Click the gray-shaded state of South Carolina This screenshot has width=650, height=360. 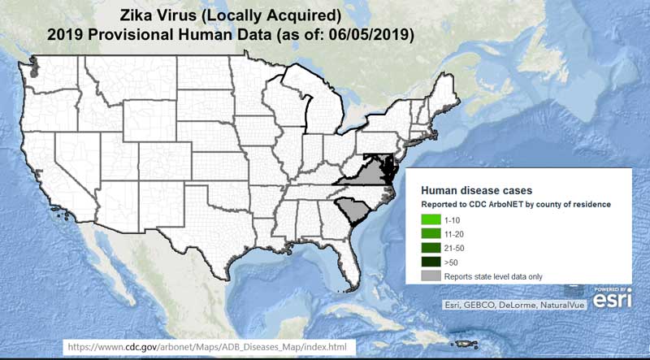tap(355, 212)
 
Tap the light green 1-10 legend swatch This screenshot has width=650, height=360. tap(431, 219)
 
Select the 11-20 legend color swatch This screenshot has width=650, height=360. tap(431, 233)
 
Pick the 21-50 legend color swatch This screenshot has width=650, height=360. tap(431, 248)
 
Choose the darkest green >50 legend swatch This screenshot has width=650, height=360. tap(431, 262)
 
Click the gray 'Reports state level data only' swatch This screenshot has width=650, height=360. tap(431, 276)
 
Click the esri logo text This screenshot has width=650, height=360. tap(611, 301)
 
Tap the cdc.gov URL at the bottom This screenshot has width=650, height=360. tap(210, 348)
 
